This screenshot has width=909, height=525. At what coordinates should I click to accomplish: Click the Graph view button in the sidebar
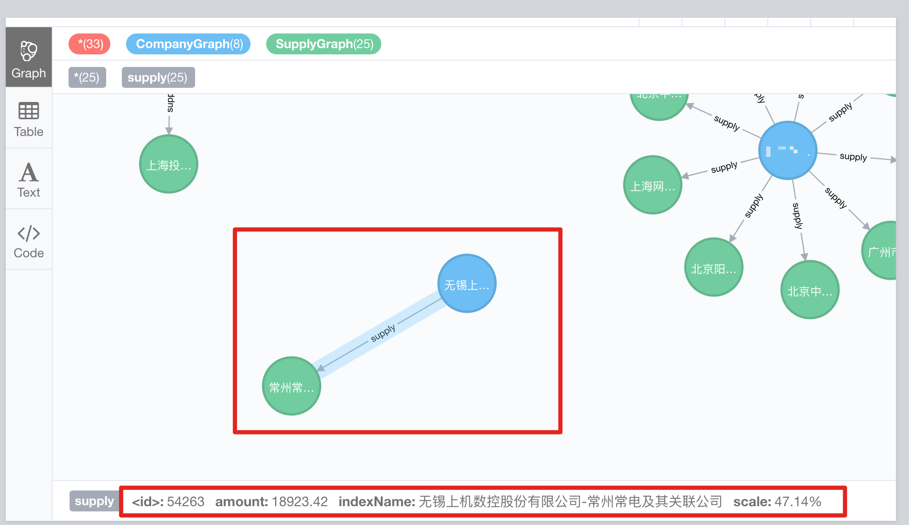pyautogui.click(x=29, y=58)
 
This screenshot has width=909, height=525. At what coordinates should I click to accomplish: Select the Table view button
pyautogui.click(x=29, y=119)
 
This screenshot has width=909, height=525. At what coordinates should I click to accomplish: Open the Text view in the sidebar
pyautogui.click(x=29, y=179)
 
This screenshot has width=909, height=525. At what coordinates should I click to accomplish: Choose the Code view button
pyautogui.click(x=29, y=240)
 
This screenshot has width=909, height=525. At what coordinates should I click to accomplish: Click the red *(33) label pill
pyautogui.click(x=89, y=44)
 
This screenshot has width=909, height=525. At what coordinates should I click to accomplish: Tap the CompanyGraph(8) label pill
pyautogui.click(x=188, y=44)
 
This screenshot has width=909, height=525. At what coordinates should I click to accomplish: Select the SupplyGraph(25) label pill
pyautogui.click(x=324, y=44)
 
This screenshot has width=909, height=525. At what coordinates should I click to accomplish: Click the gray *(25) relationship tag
pyautogui.click(x=87, y=77)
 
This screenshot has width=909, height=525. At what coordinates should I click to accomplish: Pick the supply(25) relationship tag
pyautogui.click(x=158, y=77)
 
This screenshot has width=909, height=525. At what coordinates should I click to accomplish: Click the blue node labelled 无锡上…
pyautogui.click(x=467, y=283)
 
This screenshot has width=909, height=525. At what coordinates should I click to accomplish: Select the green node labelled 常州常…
pyautogui.click(x=291, y=386)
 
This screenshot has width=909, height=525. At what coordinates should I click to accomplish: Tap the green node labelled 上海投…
pyautogui.click(x=168, y=164)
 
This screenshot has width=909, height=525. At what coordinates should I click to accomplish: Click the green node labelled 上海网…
pyautogui.click(x=653, y=185)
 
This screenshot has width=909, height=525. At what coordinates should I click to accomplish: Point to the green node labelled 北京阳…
pyautogui.click(x=713, y=267)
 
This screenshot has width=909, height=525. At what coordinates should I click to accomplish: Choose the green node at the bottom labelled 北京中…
pyautogui.click(x=810, y=290)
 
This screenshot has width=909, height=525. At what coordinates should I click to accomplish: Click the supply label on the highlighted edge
pyautogui.click(x=383, y=333)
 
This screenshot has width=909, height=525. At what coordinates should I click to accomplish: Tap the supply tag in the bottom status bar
pyautogui.click(x=94, y=501)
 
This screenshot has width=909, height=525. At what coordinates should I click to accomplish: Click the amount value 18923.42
pyautogui.click(x=300, y=501)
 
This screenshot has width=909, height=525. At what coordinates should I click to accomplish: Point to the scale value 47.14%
pyautogui.click(x=798, y=501)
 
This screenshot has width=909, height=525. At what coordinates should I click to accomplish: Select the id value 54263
pyautogui.click(x=186, y=501)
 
